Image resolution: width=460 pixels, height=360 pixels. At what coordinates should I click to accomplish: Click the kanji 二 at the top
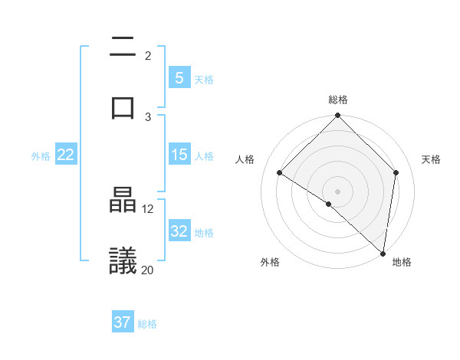click(x=123, y=48)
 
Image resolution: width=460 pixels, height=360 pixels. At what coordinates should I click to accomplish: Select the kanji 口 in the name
click(x=123, y=107)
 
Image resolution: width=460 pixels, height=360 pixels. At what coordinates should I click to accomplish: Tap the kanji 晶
click(x=123, y=201)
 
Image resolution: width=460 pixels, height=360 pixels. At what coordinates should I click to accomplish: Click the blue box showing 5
click(x=179, y=77)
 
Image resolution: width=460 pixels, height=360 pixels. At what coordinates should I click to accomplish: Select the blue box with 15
click(x=179, y=155)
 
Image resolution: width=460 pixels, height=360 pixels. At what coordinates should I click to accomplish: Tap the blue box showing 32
click(x=179, y=231)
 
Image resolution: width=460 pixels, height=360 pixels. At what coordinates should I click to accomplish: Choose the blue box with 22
click(x=65, y=155)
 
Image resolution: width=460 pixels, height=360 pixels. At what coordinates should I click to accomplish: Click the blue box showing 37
click(x=123, y=322)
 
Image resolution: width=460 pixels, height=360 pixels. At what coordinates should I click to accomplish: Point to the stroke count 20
click(x=148, y=270)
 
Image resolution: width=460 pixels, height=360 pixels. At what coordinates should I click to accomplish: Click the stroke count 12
click(x=148, y=208)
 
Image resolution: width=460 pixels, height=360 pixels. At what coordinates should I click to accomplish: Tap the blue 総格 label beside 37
click(x=147, y=324)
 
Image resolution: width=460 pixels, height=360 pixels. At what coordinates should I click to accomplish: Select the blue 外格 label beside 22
click(x=41, y=156)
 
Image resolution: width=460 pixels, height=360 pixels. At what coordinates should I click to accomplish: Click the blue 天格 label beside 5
click(x=204, y=79)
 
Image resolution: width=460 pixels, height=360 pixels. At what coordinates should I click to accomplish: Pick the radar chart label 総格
click(x=337, y=100)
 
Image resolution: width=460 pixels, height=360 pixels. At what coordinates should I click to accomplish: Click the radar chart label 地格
click(x=402, y=262)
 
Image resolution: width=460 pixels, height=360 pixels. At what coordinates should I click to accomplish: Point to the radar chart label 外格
click(x=270, y=262)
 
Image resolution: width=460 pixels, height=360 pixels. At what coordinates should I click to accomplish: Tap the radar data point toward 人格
click(x=280, y=173)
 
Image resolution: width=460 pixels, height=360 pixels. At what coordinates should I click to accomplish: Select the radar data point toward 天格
click(x=396, y=172)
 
